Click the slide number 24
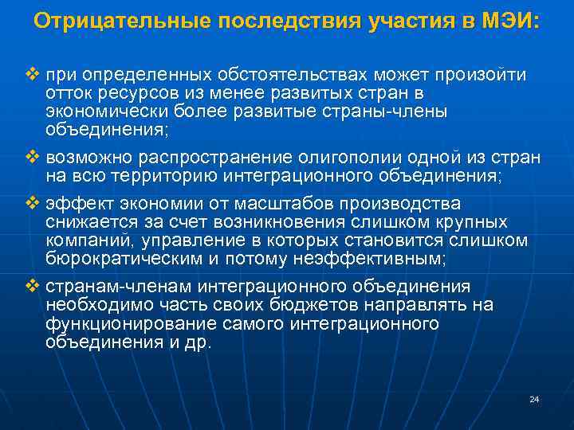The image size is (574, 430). (x=534, y=399)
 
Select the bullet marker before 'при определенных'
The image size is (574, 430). (x=32, y=74)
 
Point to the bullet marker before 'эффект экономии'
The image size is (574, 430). (x=32, y=203)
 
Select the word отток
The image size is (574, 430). (x=67, y=93)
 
